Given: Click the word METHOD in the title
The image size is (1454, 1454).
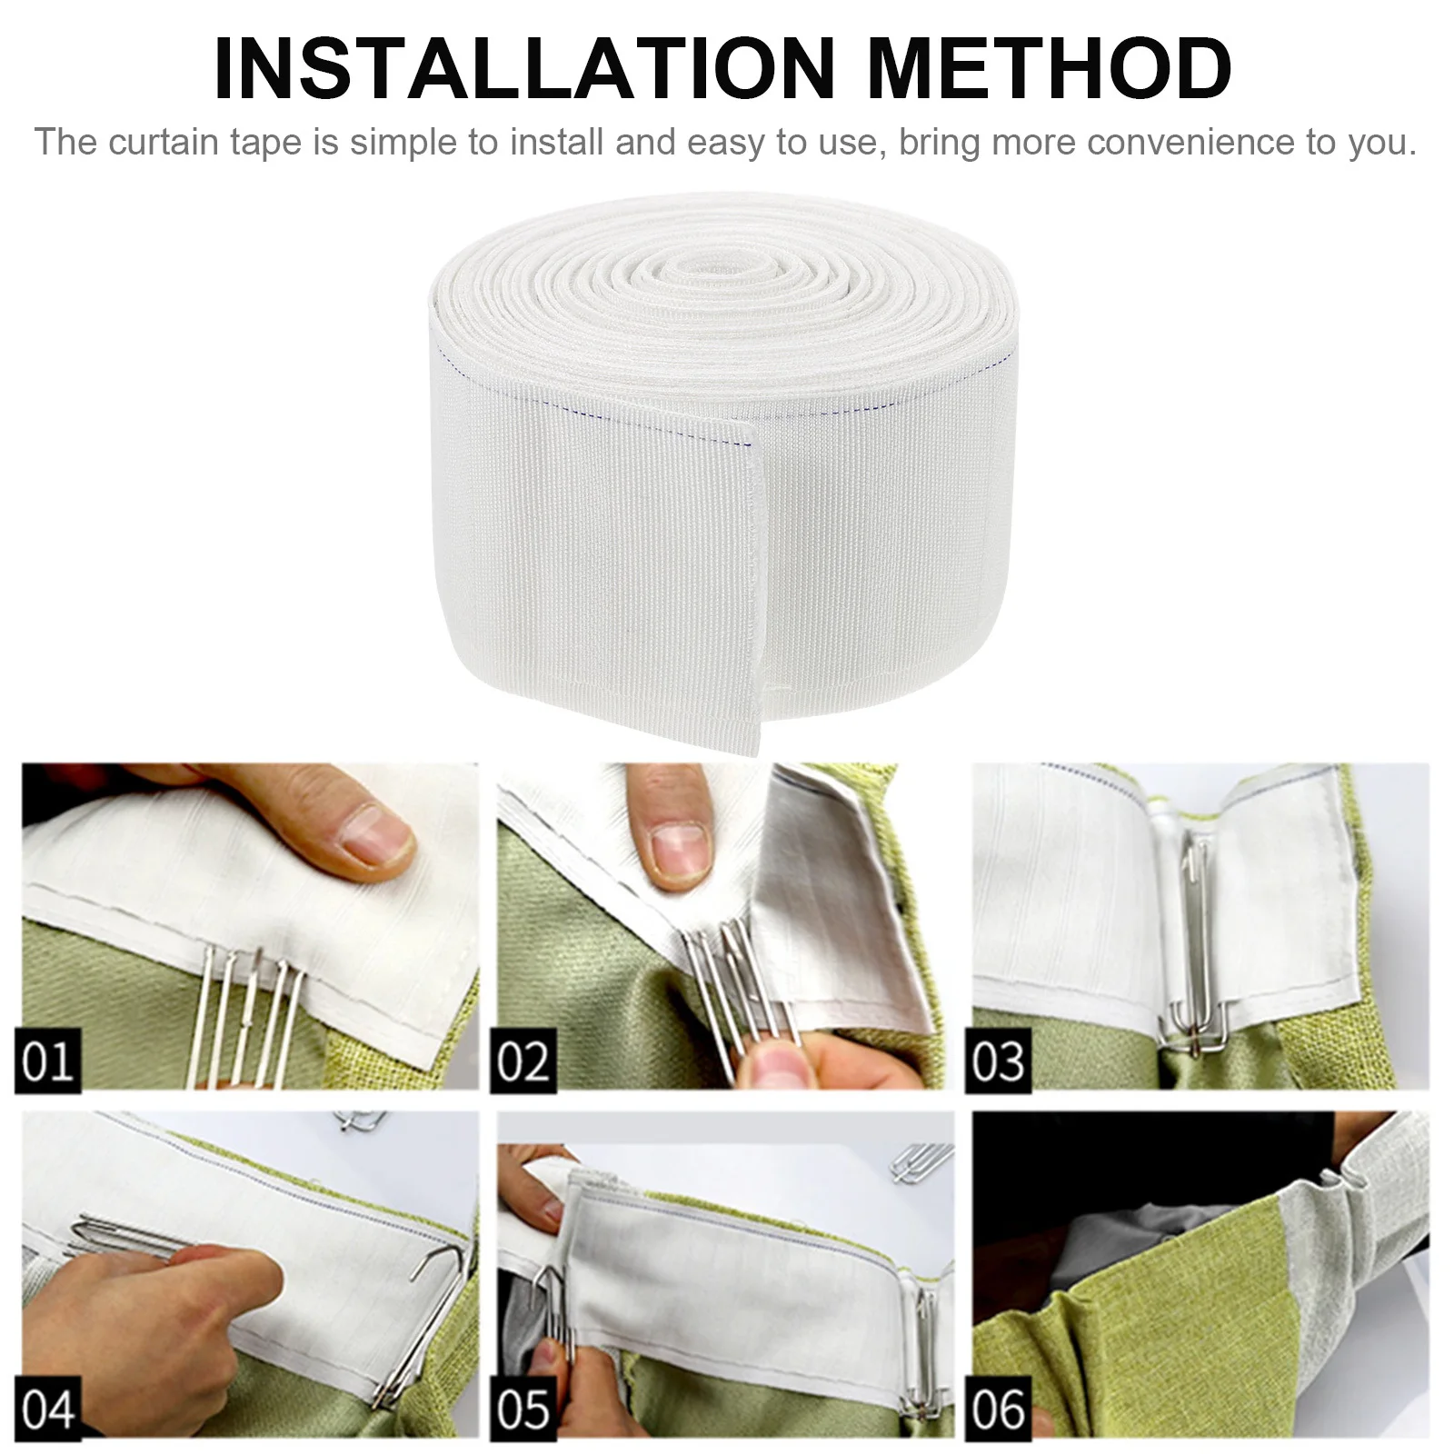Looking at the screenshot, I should pos(1050,69).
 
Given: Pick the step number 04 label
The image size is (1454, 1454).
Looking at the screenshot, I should pos(47,1409).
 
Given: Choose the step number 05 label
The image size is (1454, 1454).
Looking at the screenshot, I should pos(524,1409).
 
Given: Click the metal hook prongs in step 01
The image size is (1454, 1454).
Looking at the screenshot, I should pos(245,1000).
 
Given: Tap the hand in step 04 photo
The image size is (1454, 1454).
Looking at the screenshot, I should pos(182,1309).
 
